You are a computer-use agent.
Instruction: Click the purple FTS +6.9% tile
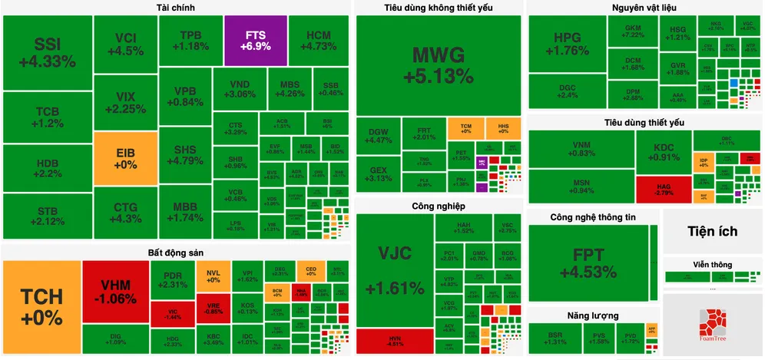(255, 41)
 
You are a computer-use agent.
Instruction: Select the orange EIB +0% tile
(124, 159)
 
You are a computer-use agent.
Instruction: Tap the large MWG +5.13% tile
(439, 64)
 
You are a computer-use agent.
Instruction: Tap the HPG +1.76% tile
(567, 44)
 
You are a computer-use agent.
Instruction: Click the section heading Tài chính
(175, 8)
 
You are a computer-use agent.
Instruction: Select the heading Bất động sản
(175, 253)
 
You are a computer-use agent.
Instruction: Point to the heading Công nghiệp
(438, 206)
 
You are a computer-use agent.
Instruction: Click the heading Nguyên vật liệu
(644, 8)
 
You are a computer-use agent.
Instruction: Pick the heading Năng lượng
(594, 315)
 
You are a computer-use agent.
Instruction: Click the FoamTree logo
(713, 327)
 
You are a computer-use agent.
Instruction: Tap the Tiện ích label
(712, 231)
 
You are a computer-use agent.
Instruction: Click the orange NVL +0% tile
(213, 276)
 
